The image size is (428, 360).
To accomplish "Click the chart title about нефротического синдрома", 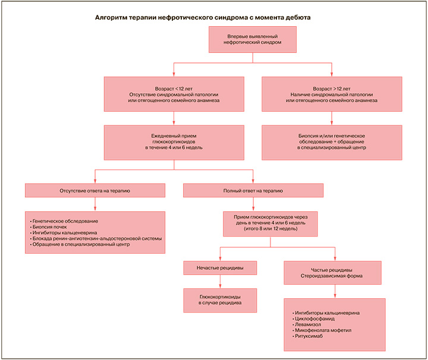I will click(203, 18).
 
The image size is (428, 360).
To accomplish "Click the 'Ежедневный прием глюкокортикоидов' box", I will click(174, 141).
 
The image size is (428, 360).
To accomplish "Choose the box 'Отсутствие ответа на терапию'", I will click(95, 190).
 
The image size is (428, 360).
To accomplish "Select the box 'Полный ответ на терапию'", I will click(253, 190).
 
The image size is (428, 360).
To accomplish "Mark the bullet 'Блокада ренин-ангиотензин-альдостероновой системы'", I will click(96, 239).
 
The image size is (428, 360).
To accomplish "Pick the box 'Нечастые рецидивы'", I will click(220, 269).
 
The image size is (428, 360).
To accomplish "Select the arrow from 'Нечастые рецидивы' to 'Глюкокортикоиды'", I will click(220, 282).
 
